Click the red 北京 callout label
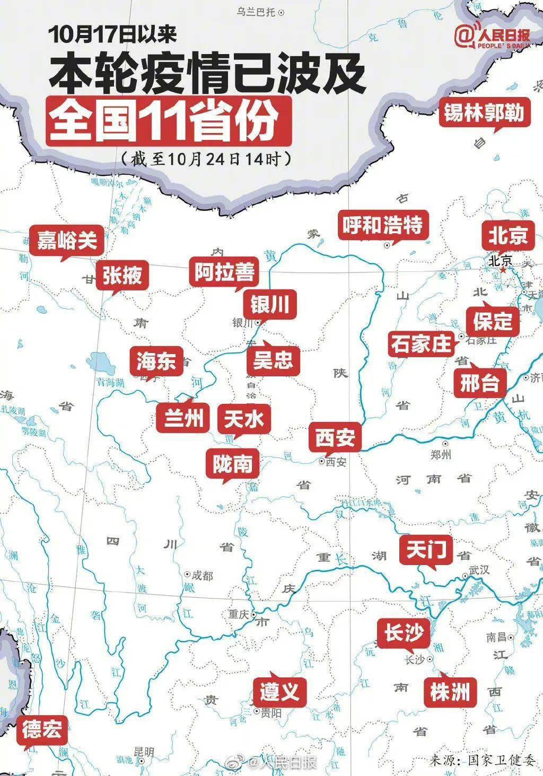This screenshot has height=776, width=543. pos(508,235)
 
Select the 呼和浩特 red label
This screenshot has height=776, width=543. pos(382,225)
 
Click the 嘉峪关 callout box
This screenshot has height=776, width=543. pos(67,241)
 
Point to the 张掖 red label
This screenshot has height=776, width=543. pos(122,276)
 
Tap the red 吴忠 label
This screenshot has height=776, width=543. pos(273,361)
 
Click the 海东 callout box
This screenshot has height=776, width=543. pos(156,361)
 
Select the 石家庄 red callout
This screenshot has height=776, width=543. pos(421,343)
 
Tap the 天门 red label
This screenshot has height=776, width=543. pos(425,550)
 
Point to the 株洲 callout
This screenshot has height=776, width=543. pos(450,691)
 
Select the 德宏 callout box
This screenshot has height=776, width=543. pos(42,730)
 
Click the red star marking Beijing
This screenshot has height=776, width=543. pos(502,270)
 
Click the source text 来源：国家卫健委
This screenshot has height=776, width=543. pos(483,761)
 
